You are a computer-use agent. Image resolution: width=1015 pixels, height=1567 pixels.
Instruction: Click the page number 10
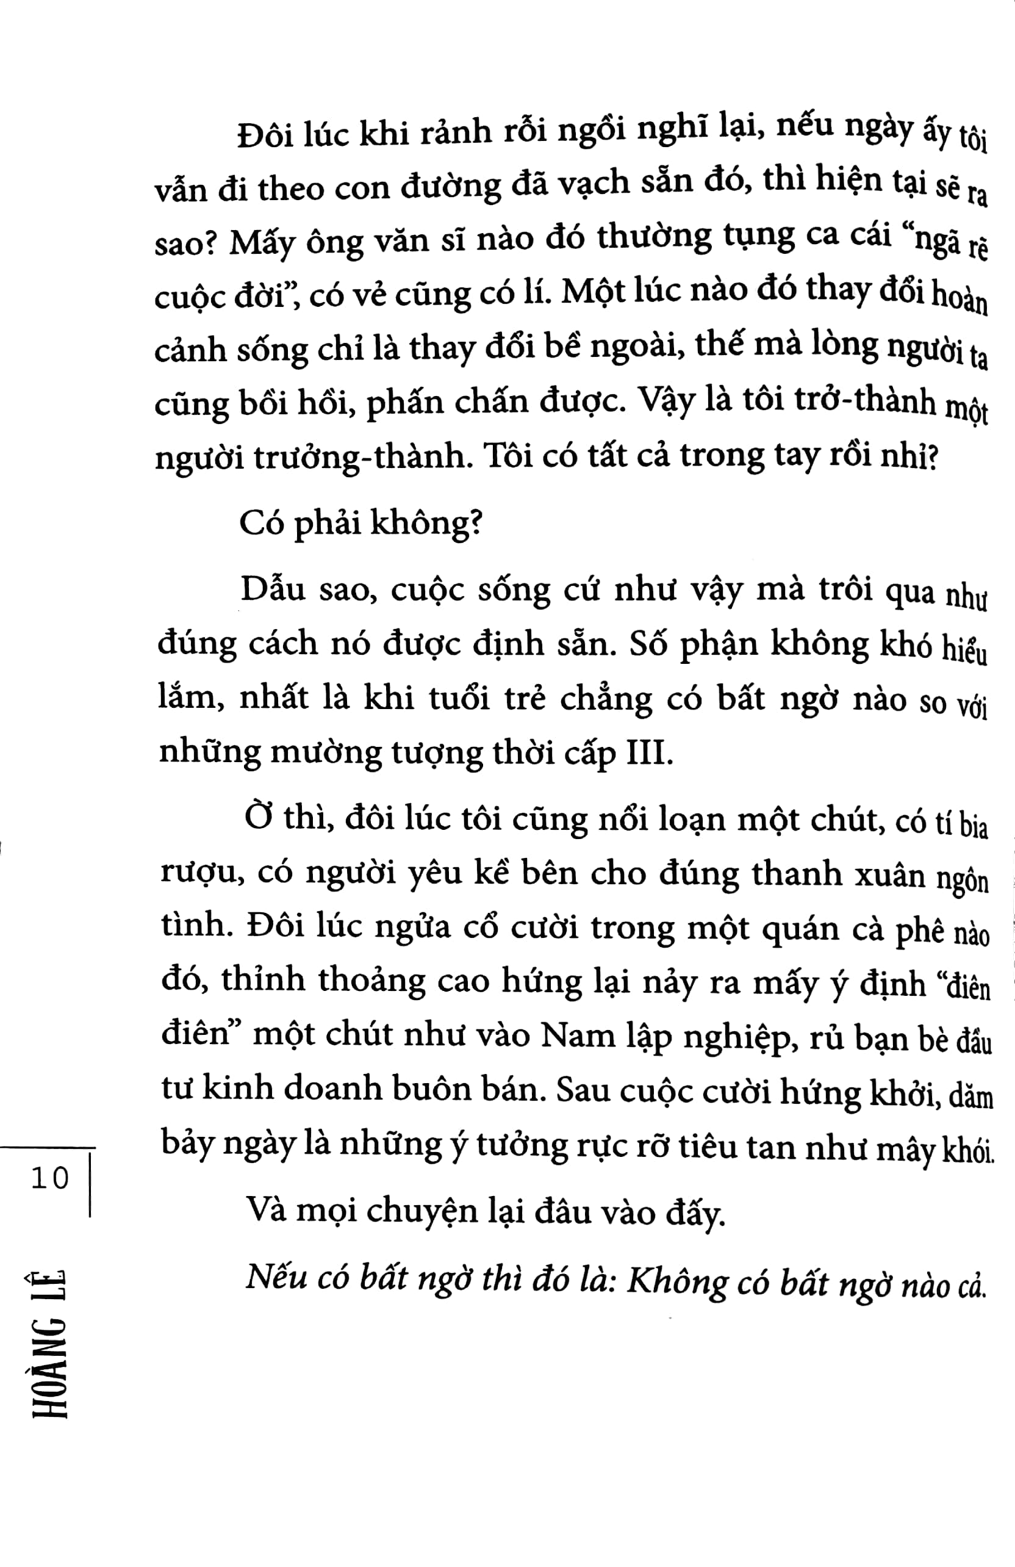(49, 1178)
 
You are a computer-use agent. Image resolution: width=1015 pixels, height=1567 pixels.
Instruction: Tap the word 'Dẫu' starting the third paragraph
(273, 589)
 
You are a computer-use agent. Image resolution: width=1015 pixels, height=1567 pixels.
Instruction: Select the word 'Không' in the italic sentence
(677, 1282)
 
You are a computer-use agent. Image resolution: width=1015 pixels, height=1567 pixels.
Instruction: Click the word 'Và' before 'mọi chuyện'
(265, 1209)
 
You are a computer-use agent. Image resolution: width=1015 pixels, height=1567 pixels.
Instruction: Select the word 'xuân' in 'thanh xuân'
(890, 875)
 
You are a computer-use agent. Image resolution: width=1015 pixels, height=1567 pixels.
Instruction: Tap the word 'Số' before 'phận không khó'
(648, 644)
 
